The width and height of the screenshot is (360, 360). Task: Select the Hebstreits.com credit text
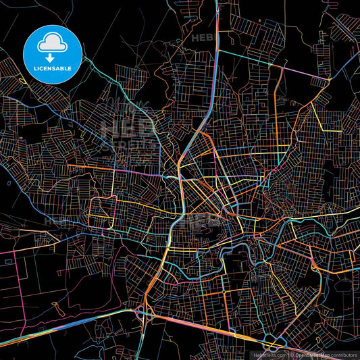(x=267, y=354)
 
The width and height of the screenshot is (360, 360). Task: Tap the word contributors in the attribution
(x=343, y=354)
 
